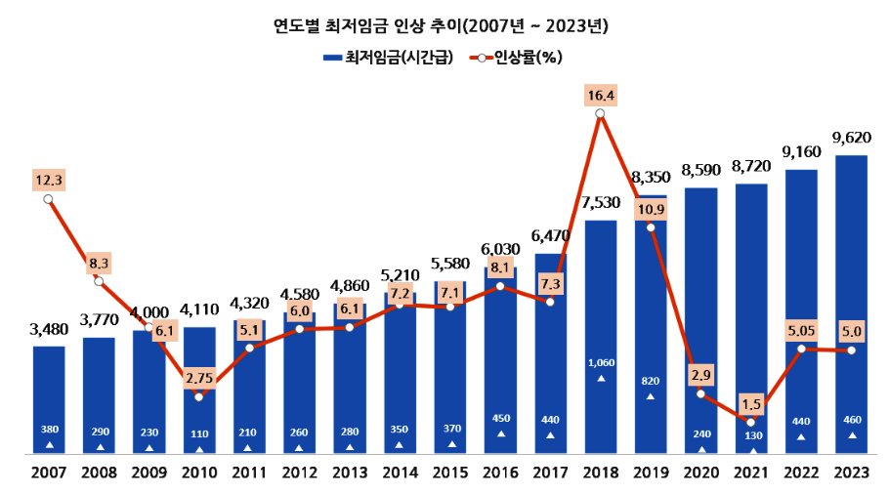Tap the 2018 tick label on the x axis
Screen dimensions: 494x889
coord(600,473)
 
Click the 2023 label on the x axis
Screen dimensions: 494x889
coord(851,473)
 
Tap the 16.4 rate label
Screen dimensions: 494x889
coord(600,95)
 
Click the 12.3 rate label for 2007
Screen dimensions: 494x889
coord(49,180)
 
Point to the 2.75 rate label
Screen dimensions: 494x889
coord(198,377)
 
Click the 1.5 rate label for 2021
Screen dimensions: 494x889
coord(750,403)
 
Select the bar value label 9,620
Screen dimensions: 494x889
coord(851,138)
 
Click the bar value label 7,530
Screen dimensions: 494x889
coord(600,202)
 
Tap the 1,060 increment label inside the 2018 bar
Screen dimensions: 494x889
coord(600,362)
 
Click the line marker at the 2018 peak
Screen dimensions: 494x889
coord(600,114)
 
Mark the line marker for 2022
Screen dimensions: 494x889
coord(801,349)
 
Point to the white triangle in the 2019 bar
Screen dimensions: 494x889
coord(651,396)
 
